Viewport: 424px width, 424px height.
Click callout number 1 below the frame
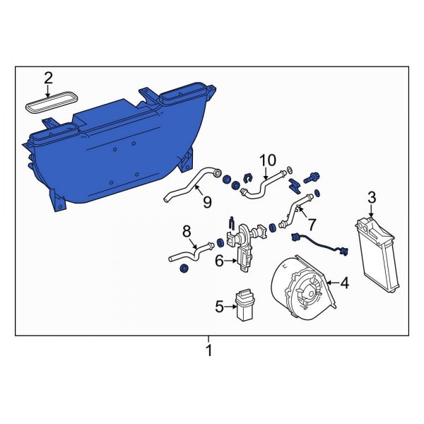click(208, 350)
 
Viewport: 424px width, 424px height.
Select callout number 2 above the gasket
click(48, 78)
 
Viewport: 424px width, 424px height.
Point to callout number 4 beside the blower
click(344, 284)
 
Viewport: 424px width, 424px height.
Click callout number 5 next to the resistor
click(219, 306)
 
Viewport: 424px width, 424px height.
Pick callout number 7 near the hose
click(311, 224)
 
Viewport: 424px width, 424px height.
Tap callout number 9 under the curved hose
click(207, 203)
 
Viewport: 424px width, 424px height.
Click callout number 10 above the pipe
click(266, 160)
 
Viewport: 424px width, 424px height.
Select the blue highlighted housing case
click(113, 148)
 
